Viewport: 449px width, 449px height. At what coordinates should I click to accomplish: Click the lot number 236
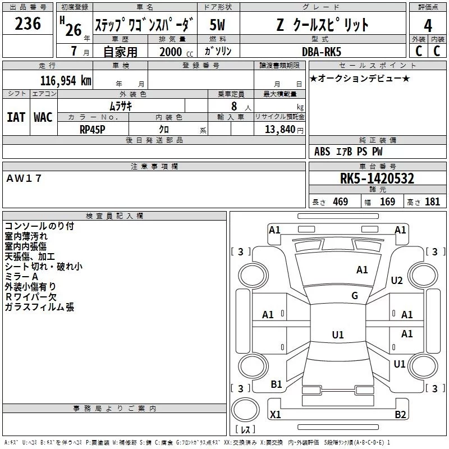tap(28, 24)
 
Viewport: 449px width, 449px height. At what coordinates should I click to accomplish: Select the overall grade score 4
tap(428, 26)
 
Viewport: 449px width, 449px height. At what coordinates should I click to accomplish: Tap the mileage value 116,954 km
tap(65, 81)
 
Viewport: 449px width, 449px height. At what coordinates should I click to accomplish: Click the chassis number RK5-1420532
tap(377, 179)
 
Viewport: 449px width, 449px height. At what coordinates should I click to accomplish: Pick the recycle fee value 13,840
tap(282, 129)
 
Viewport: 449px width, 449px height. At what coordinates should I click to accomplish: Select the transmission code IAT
tap(16, 117)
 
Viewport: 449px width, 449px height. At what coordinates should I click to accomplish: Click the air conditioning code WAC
tap(43, 117)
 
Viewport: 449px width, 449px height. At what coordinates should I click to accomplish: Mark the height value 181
tap(433, 202)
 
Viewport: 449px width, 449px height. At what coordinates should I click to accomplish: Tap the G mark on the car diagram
tap(355, 296)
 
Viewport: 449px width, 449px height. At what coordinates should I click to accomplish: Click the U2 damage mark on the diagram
tap(397, 281)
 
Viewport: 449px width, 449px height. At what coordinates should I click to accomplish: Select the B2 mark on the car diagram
tap(400, 415)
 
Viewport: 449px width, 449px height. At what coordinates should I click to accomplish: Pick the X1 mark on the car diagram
tap(276, 415)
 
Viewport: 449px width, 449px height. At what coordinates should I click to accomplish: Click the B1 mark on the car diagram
tap(276, 384)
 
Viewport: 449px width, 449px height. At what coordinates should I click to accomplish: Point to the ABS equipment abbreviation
tap(322, 152)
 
